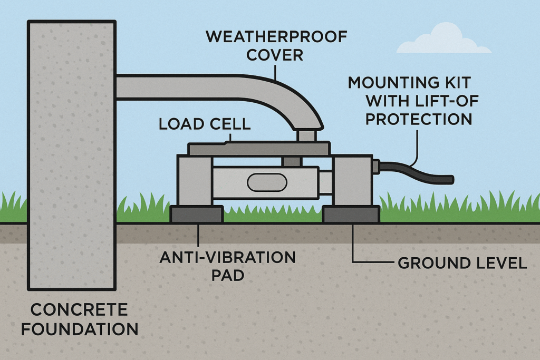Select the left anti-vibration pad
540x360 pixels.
196,215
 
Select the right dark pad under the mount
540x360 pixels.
351,215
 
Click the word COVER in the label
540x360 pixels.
276,55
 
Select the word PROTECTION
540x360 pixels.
419,119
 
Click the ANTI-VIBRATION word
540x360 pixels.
228,258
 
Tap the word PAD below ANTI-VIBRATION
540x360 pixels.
227,276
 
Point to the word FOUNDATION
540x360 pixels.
79,329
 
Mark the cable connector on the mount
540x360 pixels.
375,167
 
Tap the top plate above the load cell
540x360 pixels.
258,149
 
